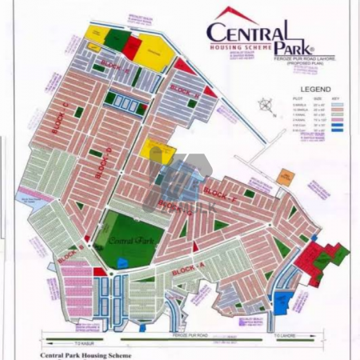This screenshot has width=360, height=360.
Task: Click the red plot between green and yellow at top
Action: coord(132,39)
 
